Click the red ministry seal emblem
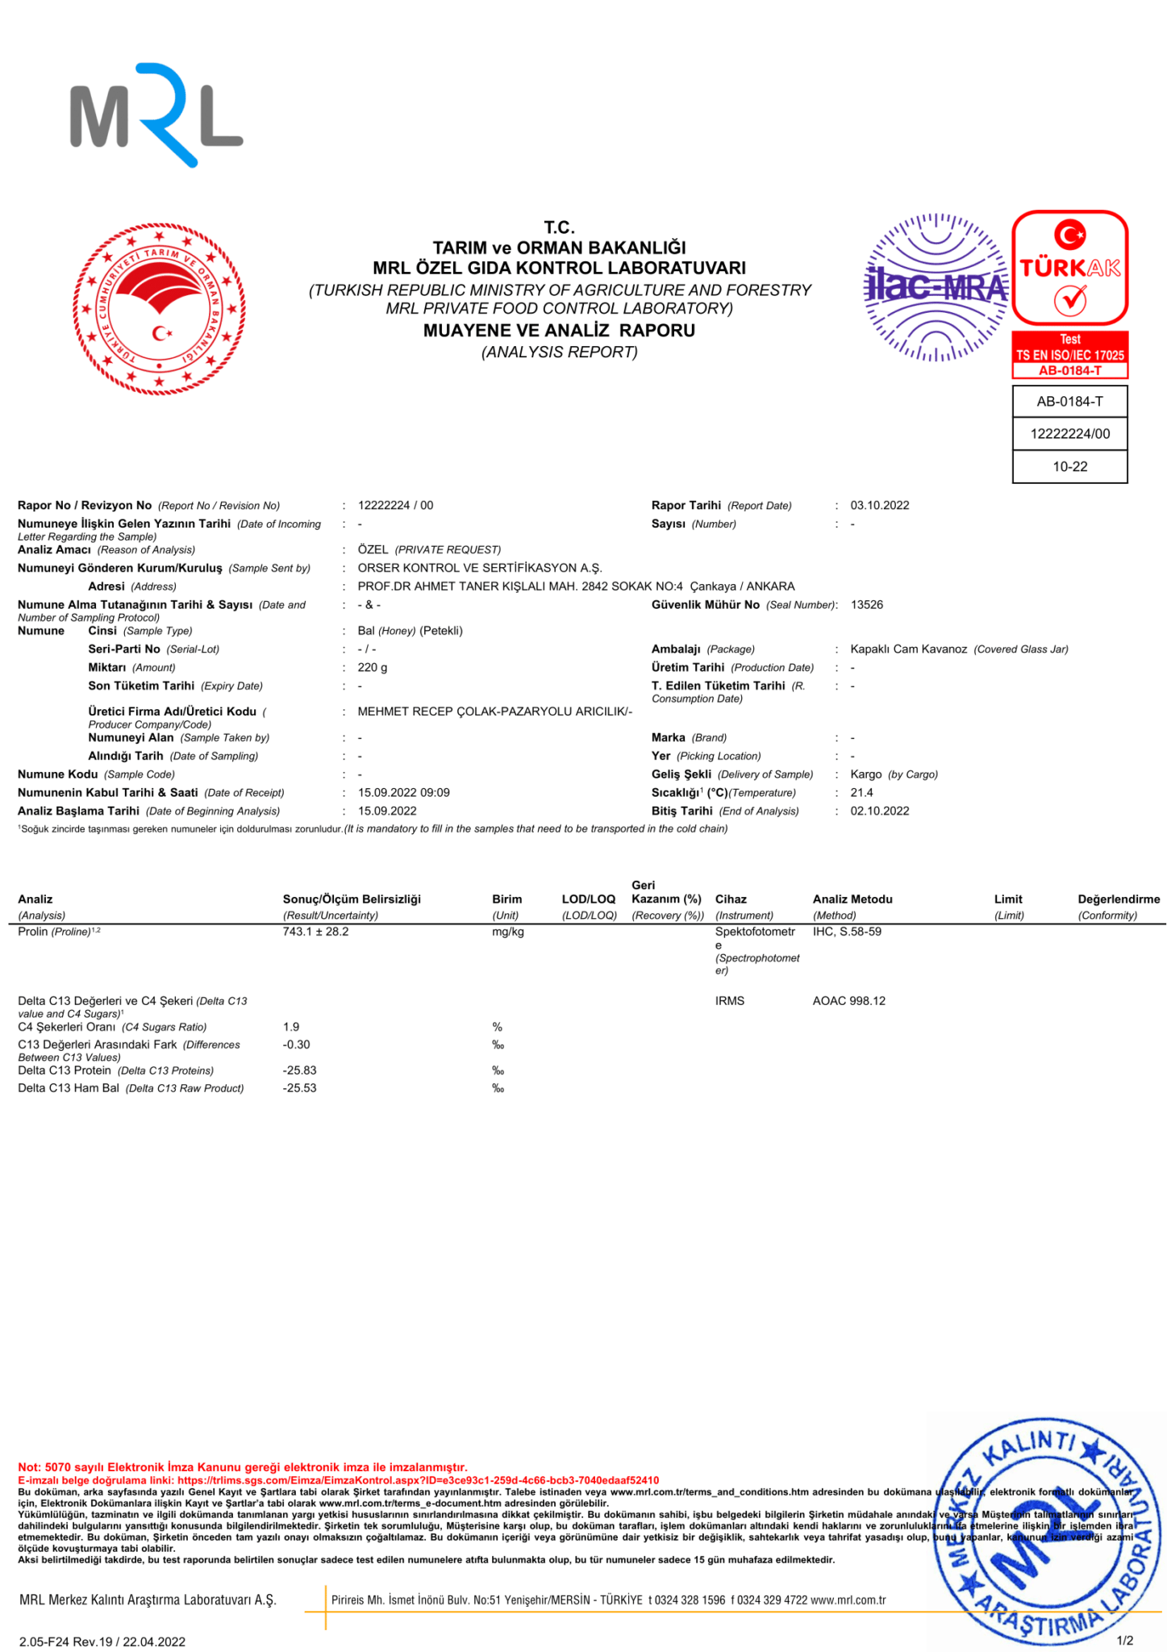tap(159, 310)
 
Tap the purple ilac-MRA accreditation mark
tap(936, 287)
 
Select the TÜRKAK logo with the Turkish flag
tap(1069, 268)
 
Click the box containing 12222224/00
tap(1069, 434)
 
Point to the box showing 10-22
tap(1069, 467)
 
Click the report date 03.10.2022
tap(879, 506)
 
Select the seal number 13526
tap(866, 605)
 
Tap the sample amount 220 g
tap(373, 668)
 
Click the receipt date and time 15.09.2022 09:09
tap(403, 793)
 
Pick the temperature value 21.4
tap(861, 793)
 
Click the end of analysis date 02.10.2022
tap(879, 811)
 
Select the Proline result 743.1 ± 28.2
tap(315, 932)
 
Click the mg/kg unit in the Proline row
tap(507, 932)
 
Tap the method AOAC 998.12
tap(848, 1001)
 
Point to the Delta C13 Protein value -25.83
tap(299, 1070)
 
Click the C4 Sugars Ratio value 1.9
tap(291, 1027)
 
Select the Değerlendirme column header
tap(1118, 899)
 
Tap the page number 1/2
tap(1124, 1641)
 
